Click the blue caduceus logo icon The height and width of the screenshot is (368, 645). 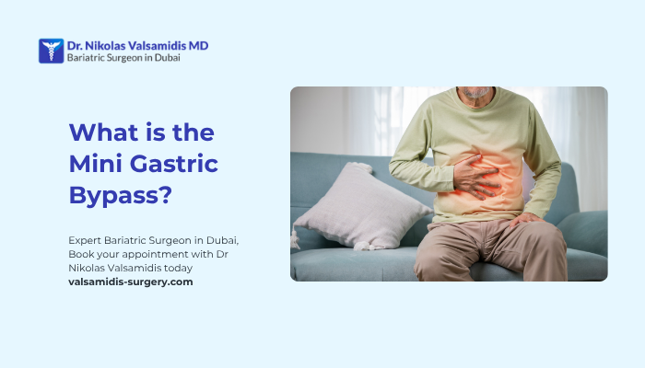pyautogui.click(x=51, y=51)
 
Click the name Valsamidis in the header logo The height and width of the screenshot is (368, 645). pyautogui.click(x=157, y=44)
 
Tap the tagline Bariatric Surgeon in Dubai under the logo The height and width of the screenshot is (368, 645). pyautogui.click(x=123, y=57)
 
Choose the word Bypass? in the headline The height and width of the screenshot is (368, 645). pyautogui.click(x=122, y=196)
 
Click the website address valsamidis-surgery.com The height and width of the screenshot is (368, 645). pyautogui.click(x=131, y=282)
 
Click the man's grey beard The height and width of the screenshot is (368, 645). pyautogui.click(x=475, y=93)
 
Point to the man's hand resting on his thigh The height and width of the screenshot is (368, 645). pyautogui.click(x=526, y=219)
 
